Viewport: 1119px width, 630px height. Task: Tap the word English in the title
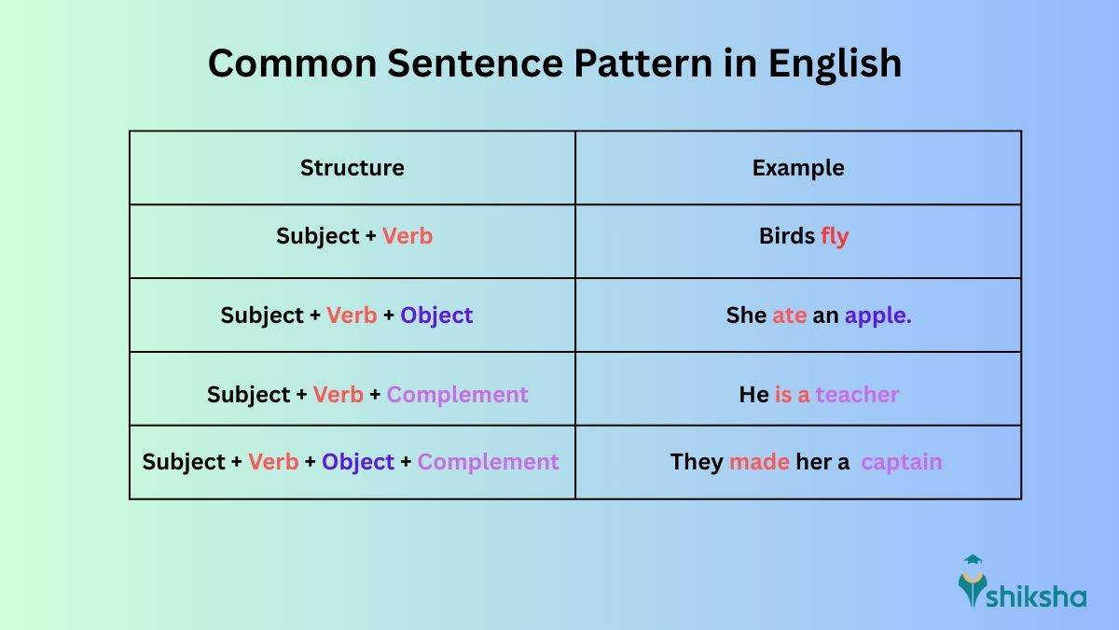[835, 63]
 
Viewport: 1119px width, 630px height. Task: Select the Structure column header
[352, 168]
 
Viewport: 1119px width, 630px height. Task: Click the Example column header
[798, 168]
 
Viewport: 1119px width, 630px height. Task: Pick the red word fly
[835, 236]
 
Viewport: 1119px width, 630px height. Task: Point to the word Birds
[787, 236]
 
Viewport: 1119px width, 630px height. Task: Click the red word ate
[789, 315]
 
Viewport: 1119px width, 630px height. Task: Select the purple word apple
[877, 315]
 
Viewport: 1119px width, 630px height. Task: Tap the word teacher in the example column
[857, 395]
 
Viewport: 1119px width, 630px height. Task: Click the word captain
[901, 462]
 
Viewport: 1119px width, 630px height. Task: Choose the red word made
[759, 462]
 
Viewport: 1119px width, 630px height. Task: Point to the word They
[697, 462]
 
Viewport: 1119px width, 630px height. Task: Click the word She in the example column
[746, 315]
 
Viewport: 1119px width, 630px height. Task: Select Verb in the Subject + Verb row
[408, 236]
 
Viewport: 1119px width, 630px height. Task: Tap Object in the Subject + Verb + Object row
[436, 315]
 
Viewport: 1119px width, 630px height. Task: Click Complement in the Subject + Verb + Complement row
[457, 395]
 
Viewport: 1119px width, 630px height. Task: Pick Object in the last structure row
[358, 462]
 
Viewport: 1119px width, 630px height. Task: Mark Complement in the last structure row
[488, 462]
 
